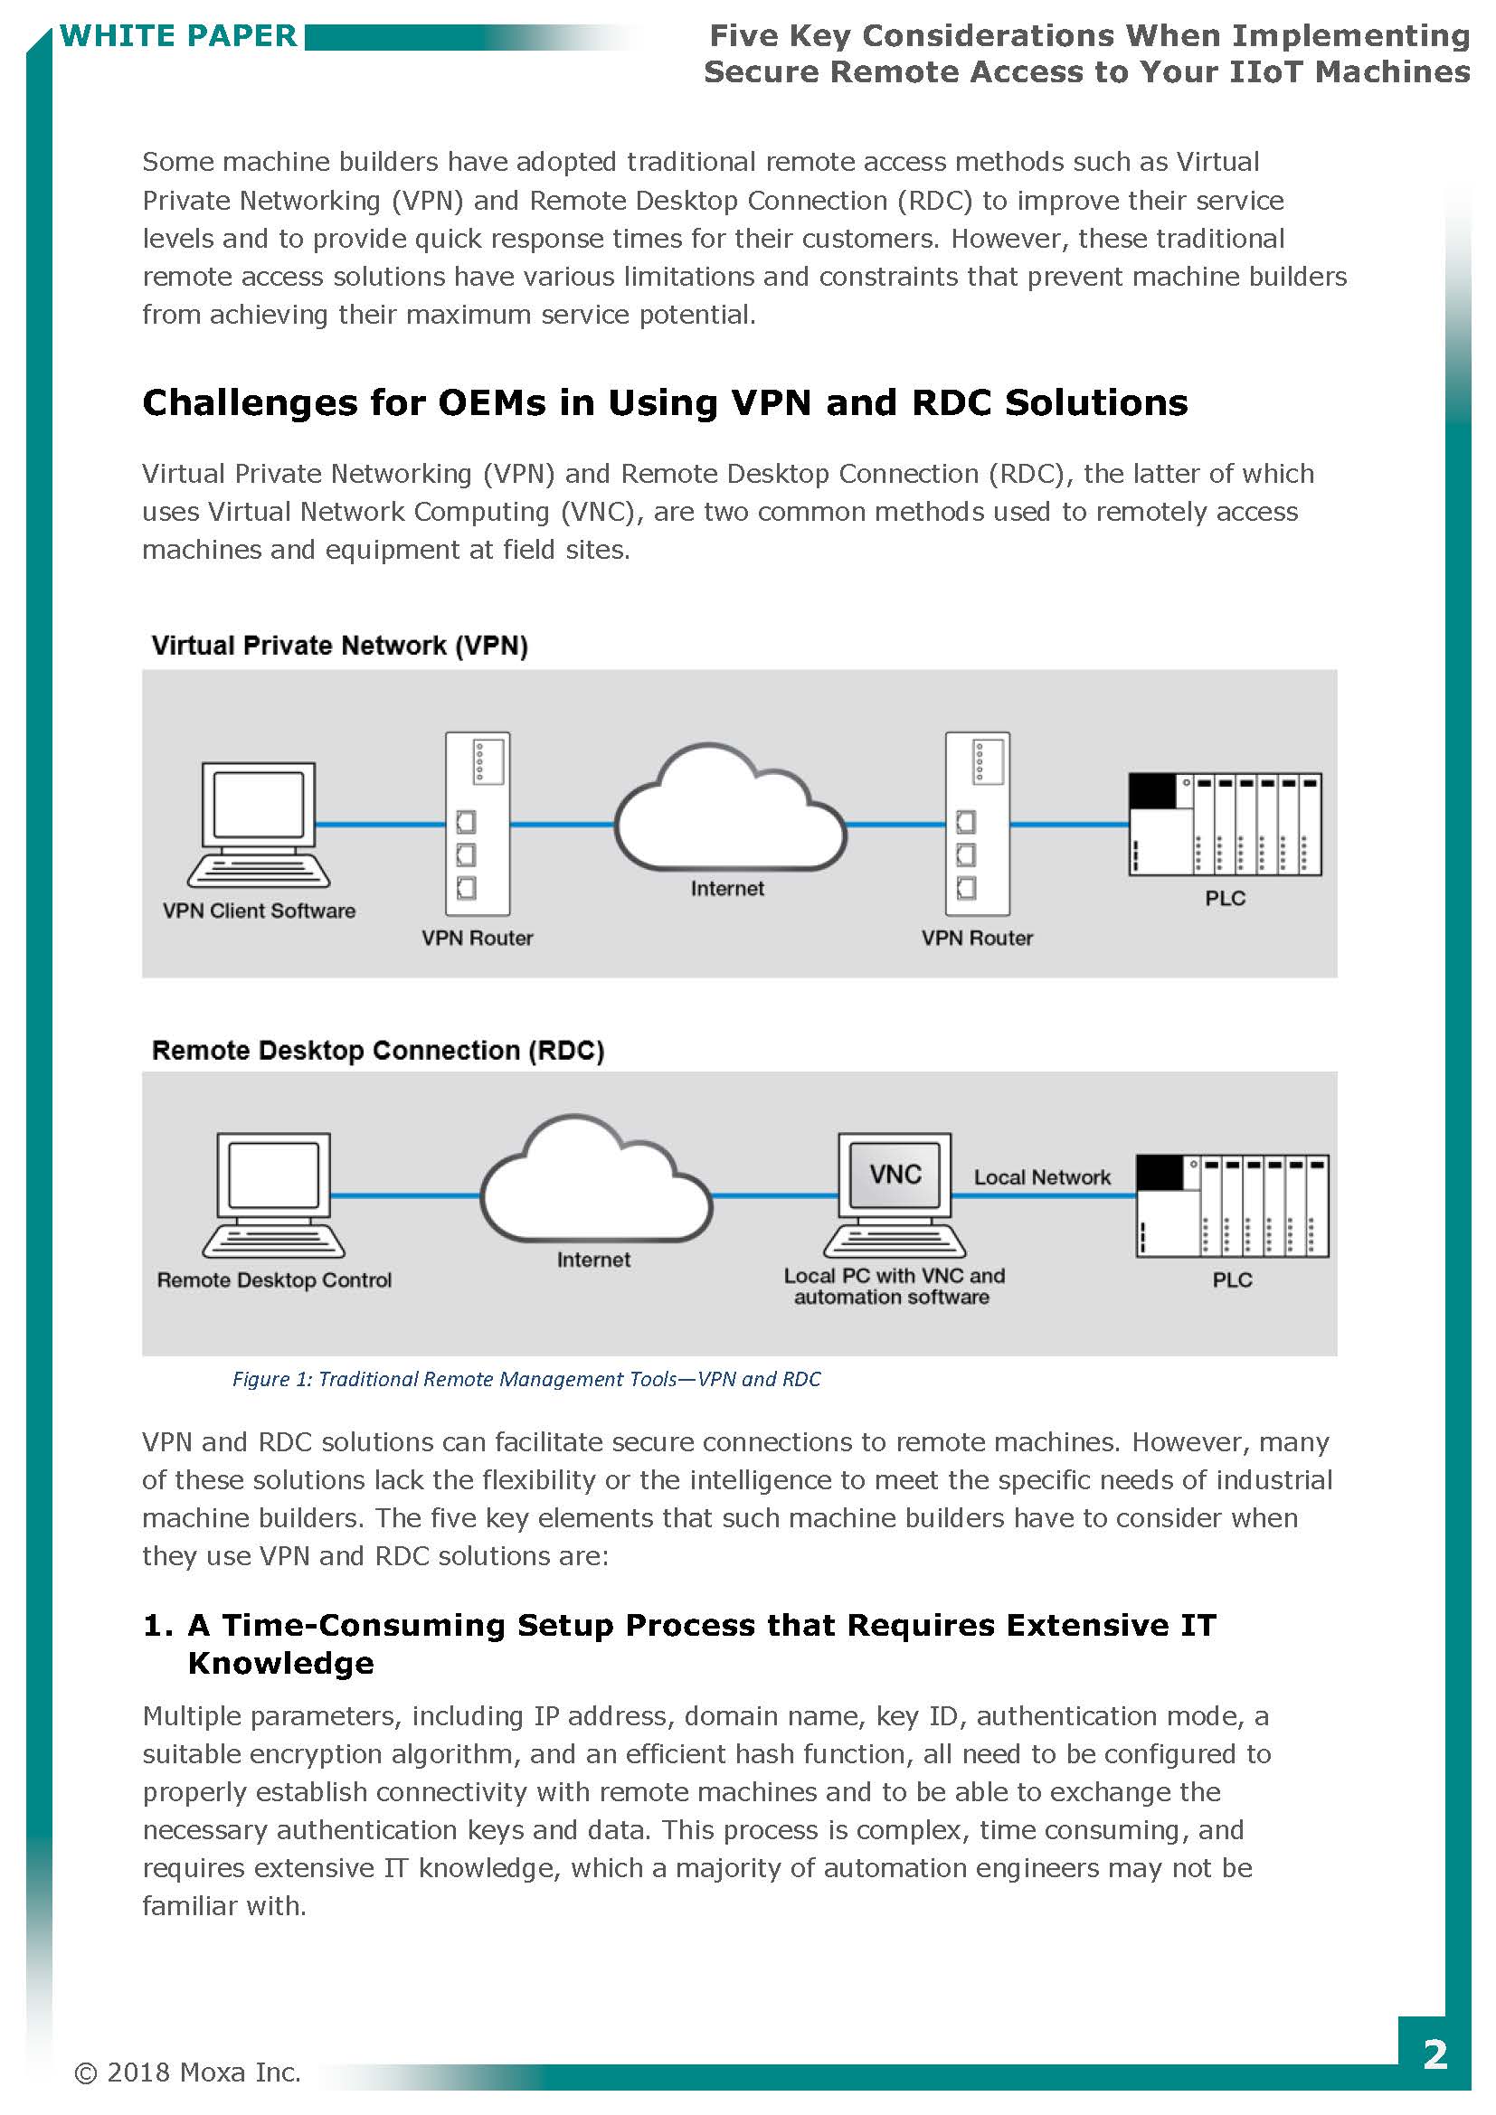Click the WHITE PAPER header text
pos(179,36)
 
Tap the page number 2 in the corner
pos(1434,2055)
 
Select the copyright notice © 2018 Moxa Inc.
pos(188,2073)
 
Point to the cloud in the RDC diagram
pos(595,1184)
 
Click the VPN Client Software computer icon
pos(259,824)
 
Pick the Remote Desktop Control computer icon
pos(273,1194)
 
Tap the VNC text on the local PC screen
pos(895,1175)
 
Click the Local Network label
pos(1042,1177)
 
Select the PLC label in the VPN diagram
pos(1226,898)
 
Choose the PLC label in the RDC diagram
pos(1232,1279)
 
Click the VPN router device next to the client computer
pos(478,824)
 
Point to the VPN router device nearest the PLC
pos(978,824)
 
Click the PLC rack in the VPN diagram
pos(1226,824)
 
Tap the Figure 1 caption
pos(526,1379)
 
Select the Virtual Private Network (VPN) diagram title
pos(340,646)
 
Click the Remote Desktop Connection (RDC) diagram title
pos(378,1051)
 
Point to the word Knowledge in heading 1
pos(281,1664)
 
